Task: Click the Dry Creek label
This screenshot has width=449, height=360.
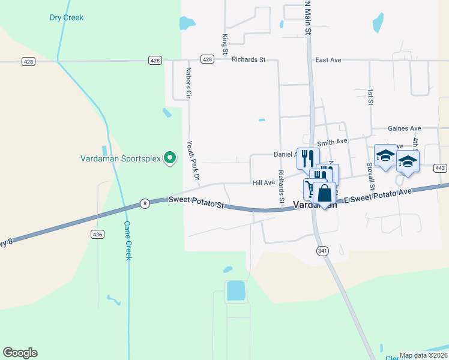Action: [67, 17]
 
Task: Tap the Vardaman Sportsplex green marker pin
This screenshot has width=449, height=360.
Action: [170, 158]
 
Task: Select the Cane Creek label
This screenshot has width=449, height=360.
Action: [127, 241]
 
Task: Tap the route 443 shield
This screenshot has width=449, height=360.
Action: [440, 169]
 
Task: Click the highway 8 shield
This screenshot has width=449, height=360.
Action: [145, 204]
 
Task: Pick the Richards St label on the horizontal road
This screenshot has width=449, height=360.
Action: [249, 60]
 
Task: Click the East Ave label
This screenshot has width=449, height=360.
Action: [328, 60]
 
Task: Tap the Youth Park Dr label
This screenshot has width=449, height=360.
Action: [192, 161]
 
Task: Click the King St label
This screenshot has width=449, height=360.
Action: [225, 44]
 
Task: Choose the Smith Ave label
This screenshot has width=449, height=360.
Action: [333, 142]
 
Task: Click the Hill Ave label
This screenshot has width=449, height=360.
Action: [264, 182]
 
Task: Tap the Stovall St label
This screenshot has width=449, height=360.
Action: [372, 176]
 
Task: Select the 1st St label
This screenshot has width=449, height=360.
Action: [370, 98]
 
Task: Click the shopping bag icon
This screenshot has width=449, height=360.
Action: [324, 194]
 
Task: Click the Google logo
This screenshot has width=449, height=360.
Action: [20, 353]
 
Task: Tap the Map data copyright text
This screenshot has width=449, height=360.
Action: [423, 355]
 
